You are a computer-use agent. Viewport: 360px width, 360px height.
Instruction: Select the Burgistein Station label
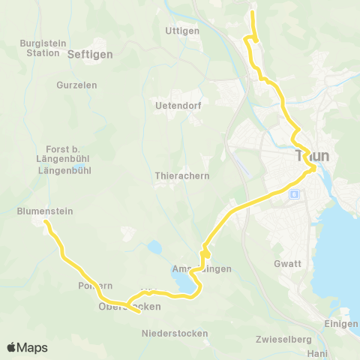pyautogui.click(x=42, y=48)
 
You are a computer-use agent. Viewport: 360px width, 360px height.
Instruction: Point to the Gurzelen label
pyautogui.click(x=76, y=85)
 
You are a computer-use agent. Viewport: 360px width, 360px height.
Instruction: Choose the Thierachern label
pyautogui.click(x=181, y=175)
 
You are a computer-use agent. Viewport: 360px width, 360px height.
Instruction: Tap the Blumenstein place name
pyautogui.click(x=45, y=211)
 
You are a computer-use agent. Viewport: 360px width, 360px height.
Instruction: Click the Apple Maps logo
pyautogui.click(x=27, y=347)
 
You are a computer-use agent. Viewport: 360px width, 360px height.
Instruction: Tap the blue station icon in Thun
pyautogui.click(x=295, y=193)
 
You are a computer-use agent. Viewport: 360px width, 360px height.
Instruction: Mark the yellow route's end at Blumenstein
pyautogui.click(x=46, y=222)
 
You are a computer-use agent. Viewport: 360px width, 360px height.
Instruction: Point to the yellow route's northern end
pyautogui.click(x=253, y=11)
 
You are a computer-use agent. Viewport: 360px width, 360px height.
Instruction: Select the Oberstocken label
pyautogui.click(x=129, y=307)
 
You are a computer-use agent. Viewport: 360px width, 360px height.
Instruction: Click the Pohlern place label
pyautogui.click(x=95, y=286)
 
